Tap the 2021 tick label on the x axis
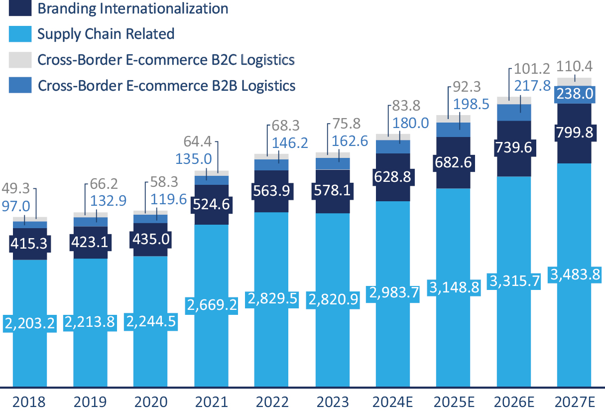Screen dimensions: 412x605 coord(212,402)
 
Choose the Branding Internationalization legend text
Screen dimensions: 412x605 coord(132,8)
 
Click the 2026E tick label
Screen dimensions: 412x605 coord(514,402)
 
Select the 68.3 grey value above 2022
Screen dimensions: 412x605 coord(286,126)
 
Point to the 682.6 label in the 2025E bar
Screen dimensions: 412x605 coord(454,162)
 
